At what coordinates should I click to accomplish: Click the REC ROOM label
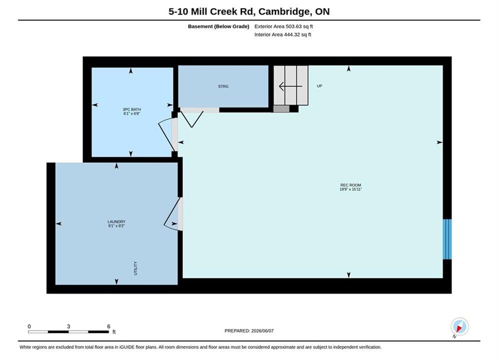[351, 185]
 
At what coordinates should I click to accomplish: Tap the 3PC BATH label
[132, 109]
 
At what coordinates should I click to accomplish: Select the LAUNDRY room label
[117, 221]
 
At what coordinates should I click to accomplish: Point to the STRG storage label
[223, 86]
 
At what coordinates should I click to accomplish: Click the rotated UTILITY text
[136, 268]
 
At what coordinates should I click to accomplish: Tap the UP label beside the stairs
[319, 86]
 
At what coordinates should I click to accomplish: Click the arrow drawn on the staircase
[290, 86]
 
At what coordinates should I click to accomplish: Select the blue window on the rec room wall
[447, 239]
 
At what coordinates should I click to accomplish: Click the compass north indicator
[459, 326]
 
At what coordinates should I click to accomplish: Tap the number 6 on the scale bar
[109, 326]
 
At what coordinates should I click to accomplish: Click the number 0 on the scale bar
[29, 326]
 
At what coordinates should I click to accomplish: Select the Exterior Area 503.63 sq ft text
[284, 26]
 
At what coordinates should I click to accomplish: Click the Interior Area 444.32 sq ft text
[283, 34]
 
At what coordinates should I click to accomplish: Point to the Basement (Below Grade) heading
[219, 26]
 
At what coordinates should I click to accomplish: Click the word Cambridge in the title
[284, 11]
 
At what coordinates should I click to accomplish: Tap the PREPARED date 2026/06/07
[262, 331]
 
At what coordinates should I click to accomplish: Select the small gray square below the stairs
[281, 109]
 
